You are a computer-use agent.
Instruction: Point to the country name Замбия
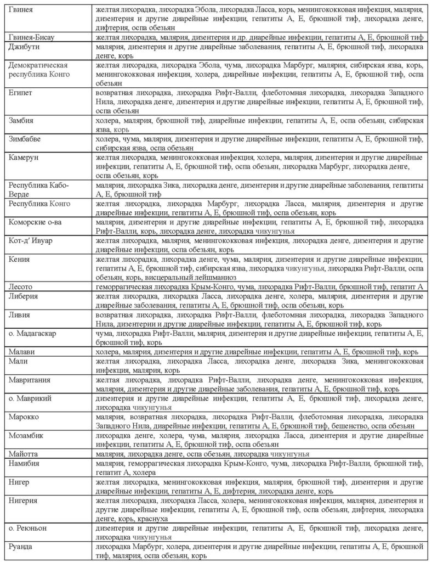(x=21, y=120)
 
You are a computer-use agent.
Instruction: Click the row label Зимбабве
(x=25, y=138)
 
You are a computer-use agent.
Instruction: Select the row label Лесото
(x=21, y=286)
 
